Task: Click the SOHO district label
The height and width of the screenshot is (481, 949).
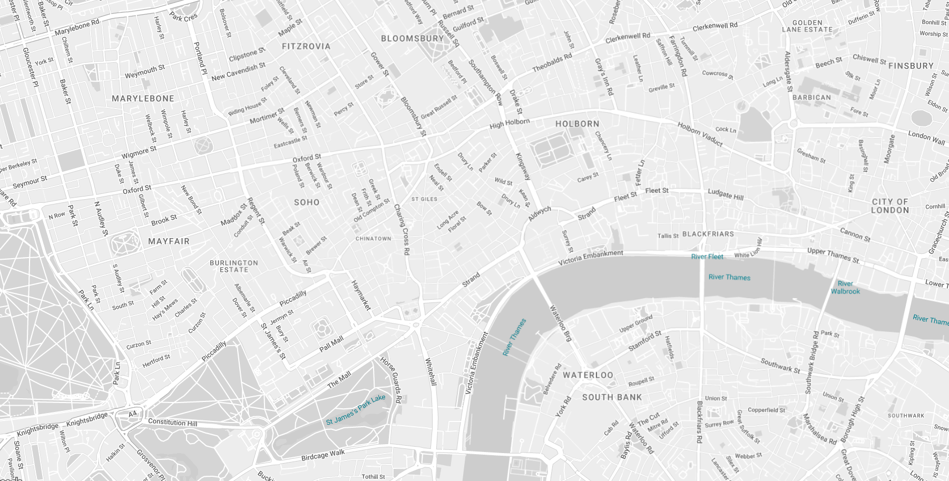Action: click(307, 202)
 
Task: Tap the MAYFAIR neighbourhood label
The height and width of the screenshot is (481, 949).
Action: click(169, 241)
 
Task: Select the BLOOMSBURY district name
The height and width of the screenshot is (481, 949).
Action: click(413, 38)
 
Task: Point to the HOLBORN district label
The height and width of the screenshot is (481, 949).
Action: click(578, 124)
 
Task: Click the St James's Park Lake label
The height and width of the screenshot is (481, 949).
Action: click(356, 410)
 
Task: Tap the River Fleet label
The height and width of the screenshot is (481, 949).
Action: click(707, 257)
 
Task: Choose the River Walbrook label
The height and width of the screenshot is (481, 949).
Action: click(845, 287)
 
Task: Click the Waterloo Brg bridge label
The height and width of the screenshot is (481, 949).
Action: click(561, 323)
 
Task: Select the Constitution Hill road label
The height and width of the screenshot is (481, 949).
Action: click(172, 422)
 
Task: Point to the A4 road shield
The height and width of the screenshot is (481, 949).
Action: click(133, 414)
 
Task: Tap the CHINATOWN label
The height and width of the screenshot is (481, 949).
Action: click(373, 239)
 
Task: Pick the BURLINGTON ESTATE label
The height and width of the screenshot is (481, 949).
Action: click(234, 266)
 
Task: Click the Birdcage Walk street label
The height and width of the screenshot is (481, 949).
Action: click(323, 455)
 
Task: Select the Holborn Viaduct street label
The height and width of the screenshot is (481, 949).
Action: click(700, 134)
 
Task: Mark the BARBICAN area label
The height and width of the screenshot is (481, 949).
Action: click(811, 97)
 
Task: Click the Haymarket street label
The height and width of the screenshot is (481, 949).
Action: click(361, 295)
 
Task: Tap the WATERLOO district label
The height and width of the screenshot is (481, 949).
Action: click(588, 375)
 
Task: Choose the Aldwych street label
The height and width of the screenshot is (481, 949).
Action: click(539, 213)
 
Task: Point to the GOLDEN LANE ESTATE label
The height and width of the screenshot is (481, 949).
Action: click(807, 26)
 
